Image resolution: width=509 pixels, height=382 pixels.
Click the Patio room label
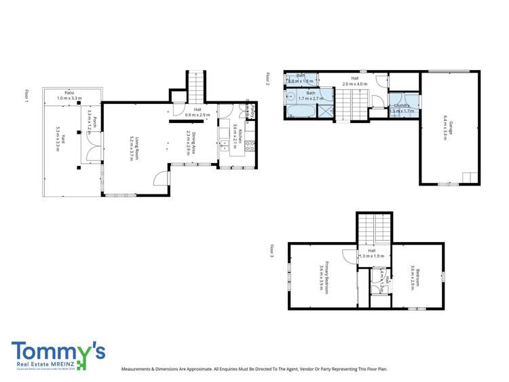(x=69, y=95)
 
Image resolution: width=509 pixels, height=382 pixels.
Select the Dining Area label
(x=192, y=144)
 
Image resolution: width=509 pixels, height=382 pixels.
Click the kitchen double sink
(x=224, y=145)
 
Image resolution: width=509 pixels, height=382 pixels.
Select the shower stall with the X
(x=325, y=110)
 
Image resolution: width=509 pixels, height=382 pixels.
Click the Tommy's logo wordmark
(x=58, y=351)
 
